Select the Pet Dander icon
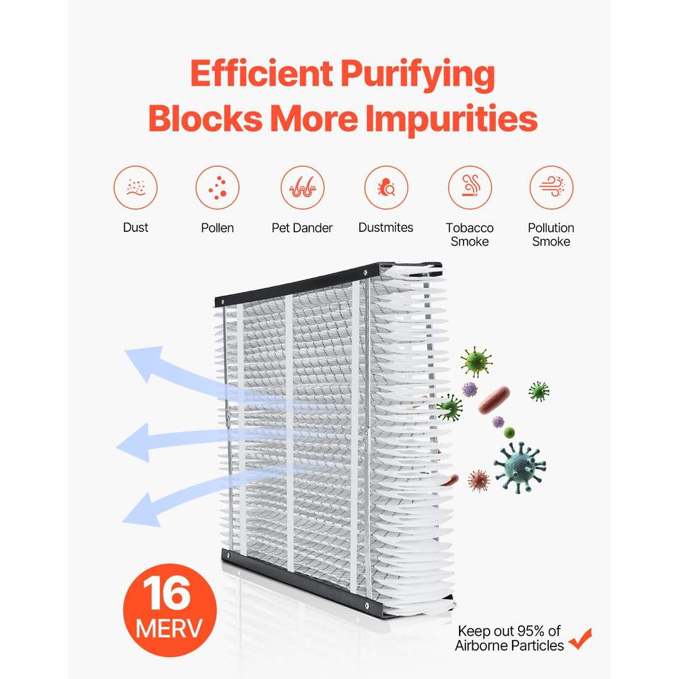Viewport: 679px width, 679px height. (x=302, y=187)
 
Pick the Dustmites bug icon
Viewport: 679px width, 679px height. (x=386, y=187)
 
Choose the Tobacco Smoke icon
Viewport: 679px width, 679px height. (x=470, y=187)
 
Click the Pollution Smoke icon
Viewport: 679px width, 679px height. (x=551, y=187)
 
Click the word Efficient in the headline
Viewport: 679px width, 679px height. (x=262, y=74)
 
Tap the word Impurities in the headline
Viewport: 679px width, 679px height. (x=451, y=118)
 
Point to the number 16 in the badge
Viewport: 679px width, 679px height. (x=167, y=593)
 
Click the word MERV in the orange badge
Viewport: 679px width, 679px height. (x=169, y=628)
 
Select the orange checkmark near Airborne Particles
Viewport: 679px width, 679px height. (x=580, y=639)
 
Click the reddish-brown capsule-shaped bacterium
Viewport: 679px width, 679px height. (x=494, y=400)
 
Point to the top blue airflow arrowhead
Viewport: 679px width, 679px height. (x=145, y=363)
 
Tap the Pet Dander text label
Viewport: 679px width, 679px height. (x=302, y=228)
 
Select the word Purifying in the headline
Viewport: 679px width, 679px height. (x=417, y=76)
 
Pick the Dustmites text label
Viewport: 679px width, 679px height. (x=386, y=227)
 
